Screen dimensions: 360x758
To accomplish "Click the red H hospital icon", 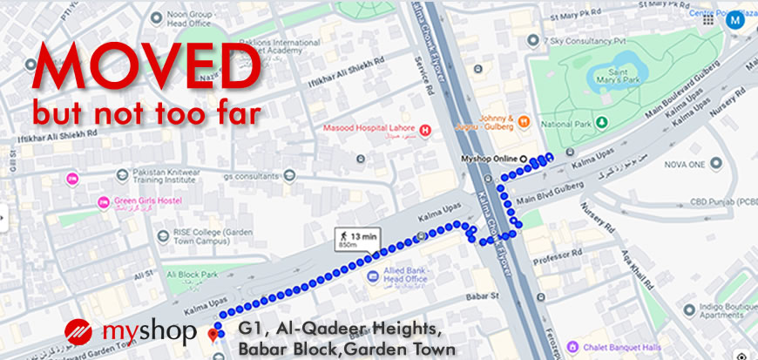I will click(425, 131).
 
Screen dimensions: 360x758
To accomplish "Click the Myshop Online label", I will click(488, 160).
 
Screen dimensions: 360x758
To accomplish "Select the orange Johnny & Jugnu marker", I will click(523, 120).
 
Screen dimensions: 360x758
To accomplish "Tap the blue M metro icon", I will click(735, 17).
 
